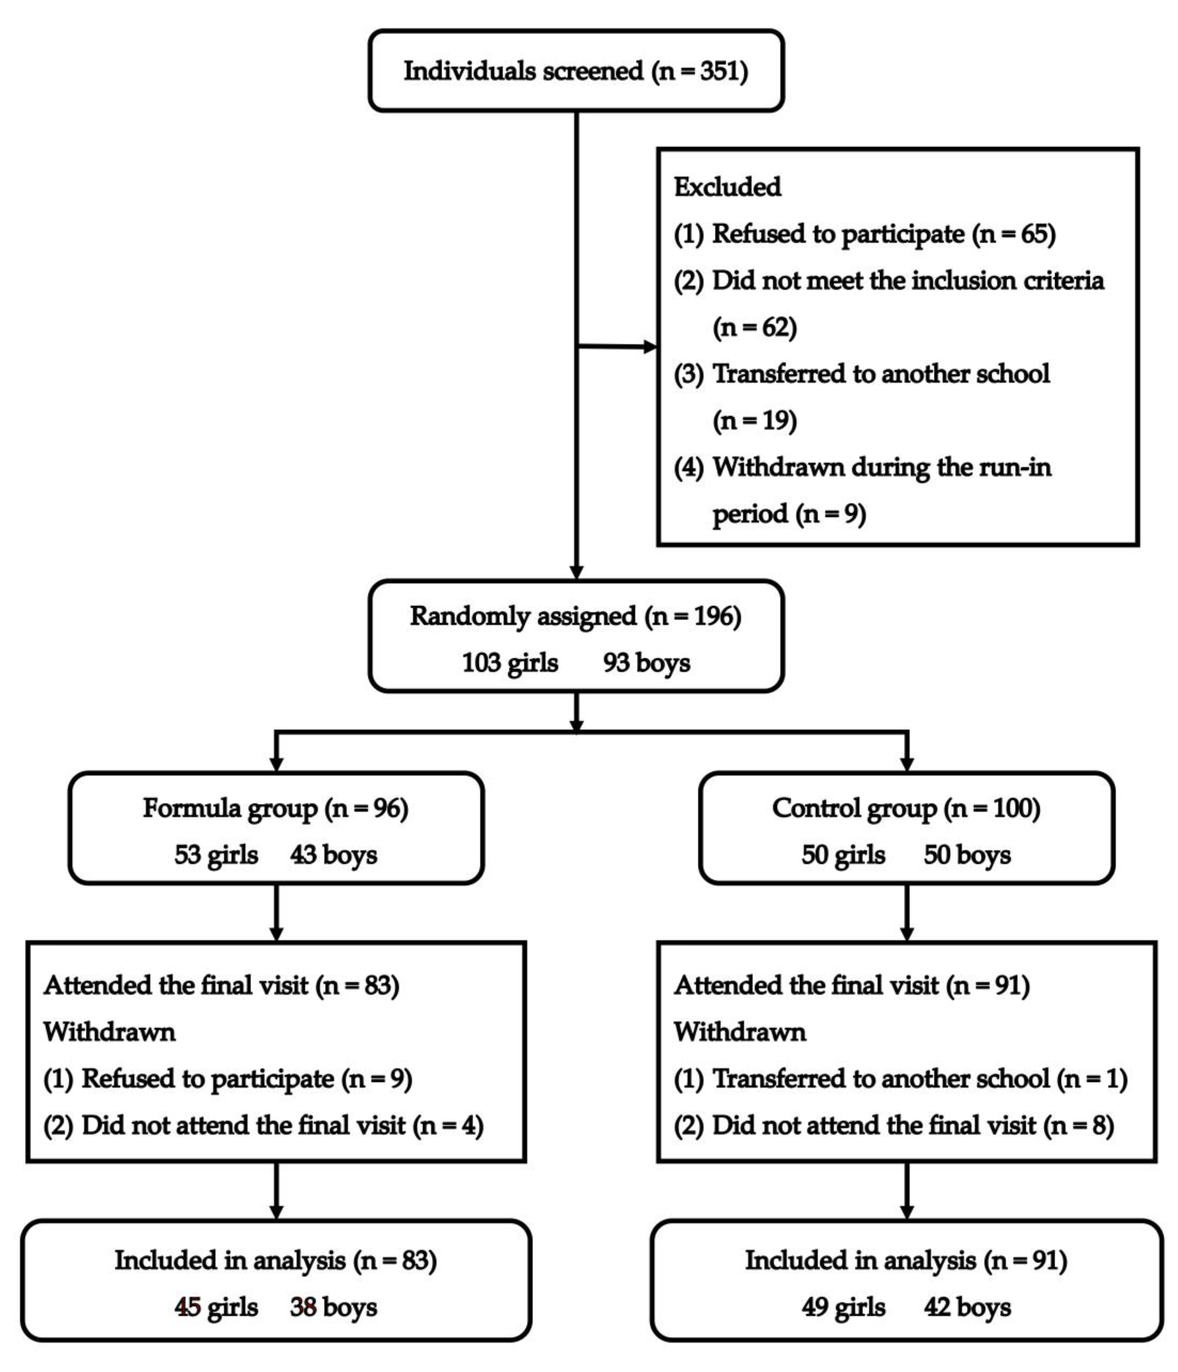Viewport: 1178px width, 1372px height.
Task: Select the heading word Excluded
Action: (x=727, y=187)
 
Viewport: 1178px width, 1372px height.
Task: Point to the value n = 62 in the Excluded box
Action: (x=755, y=327)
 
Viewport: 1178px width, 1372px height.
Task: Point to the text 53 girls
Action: (x=216, y=855)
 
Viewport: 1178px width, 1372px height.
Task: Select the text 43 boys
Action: (x=333, y=855)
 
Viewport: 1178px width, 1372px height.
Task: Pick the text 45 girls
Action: (x=216, y=1307)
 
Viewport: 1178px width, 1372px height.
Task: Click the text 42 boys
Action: (x=967, y=1307)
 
